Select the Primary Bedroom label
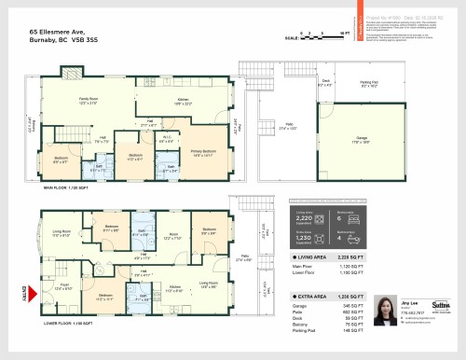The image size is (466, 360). click(204, 152)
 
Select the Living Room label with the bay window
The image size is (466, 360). click(62, 234)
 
